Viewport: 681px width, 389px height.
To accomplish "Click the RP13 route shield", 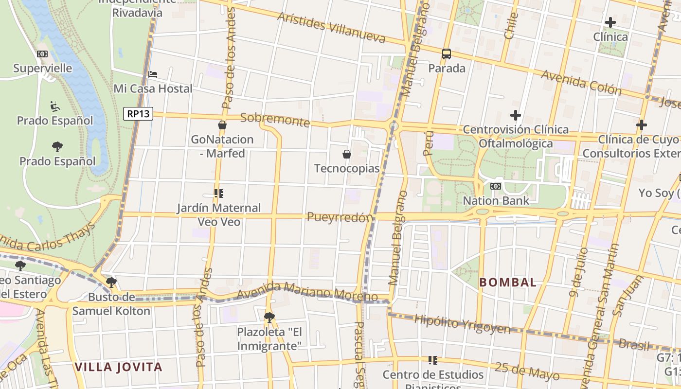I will tap(138, 114).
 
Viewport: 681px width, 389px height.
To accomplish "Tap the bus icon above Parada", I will tap(447, 54).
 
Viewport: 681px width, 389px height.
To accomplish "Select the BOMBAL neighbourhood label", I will tap(508, 282).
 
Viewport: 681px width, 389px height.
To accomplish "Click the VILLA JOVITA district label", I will tap(118, 367).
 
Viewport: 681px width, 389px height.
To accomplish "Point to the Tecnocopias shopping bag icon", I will tap(347, 154).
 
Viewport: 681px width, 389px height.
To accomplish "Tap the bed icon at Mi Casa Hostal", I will tap(153, 74).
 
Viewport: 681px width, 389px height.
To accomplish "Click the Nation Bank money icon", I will tap(496, 186).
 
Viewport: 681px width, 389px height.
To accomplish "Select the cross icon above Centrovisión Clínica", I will tap(516, 115).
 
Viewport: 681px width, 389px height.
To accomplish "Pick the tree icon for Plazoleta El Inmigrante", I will tap(269, 318).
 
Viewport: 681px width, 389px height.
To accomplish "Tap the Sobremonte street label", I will tap(275, 120).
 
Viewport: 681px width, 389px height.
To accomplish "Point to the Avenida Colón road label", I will tap(581, 82).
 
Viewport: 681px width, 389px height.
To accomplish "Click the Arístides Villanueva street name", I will tap(331, 27).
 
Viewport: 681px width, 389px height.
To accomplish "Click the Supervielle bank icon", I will tap(42, 54).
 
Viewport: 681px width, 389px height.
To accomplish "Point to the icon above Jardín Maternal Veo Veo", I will tap(219, 194).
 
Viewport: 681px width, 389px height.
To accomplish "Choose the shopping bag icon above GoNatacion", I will tap(222, 125).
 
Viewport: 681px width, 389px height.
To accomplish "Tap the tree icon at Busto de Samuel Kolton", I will tap(111, 282).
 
